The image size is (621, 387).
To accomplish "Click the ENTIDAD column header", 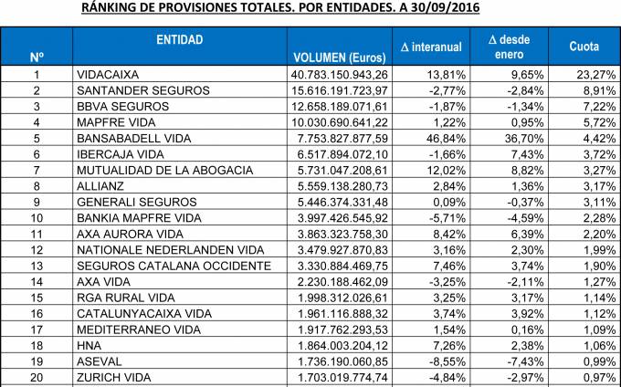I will pyautogui.click(x=180, y=40).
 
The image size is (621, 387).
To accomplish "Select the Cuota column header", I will pyautogui.click(x=584, y=46).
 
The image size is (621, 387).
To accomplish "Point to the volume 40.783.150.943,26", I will pyautogui.click(x=341, y=74).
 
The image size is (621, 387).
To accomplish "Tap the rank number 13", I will pyautogui.click(x=37, y=265).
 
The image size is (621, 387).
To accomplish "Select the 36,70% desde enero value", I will pyautogui.click(x=526, y=138).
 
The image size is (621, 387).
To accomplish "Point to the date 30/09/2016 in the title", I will pyautogui.click(x=436, y=8).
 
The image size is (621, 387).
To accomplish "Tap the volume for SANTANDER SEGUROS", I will pyautogui.click(x=341, y=90).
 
